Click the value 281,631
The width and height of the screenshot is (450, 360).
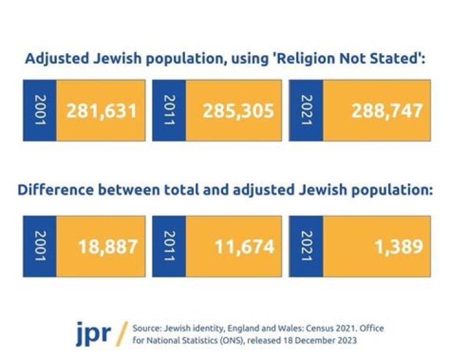pyautogui.click(x=101, y=111)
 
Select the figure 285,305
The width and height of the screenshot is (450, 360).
pyautogui.click(x=238, y=111)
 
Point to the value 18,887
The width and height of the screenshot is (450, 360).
pyautogui.click(x=107, y=246)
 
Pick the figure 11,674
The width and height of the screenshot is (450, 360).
pyautogui.click(x=244, y=246)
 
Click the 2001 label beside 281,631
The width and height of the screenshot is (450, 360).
pyautogui.click(x=40, y=111)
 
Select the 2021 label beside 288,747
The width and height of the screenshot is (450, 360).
pyautogui.click(x=306, y=111)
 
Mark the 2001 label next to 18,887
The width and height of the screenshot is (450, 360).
pyautogui.click(x=40, y=246)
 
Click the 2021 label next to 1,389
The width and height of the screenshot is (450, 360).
pyautogui.click(x=306, y=246)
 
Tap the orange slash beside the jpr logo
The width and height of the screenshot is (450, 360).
pyautogui.click(x=121, y=332)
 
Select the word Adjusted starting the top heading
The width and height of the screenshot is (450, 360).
pyautogui.click(x=54, y=59)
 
